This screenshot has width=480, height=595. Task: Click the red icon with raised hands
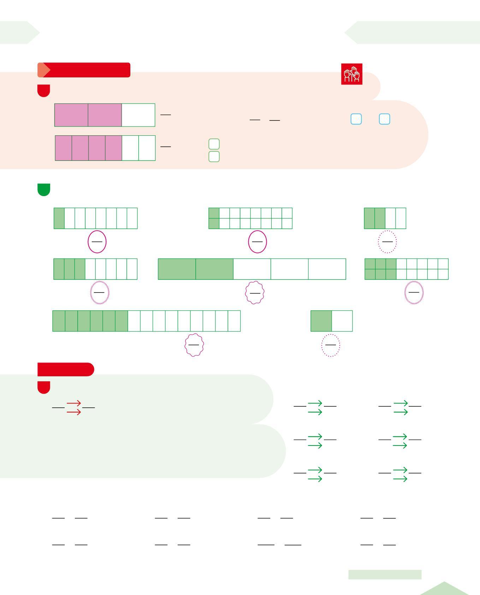(x=351, y=74)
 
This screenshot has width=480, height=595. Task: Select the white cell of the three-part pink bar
(x=138, y=115)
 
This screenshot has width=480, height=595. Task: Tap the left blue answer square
(x=356, y=119)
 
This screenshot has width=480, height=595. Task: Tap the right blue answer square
(x=384, y=119)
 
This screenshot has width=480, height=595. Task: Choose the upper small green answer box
(x=214, y=144)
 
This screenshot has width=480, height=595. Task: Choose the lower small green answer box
(x=214, y=157)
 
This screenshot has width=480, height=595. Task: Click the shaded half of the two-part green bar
(x=321, y=321)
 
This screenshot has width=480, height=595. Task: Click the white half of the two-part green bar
(x=342, y=321)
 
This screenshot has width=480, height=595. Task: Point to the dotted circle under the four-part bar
(x=387, y=242)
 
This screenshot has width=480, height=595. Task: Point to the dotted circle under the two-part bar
(x=331, y=345)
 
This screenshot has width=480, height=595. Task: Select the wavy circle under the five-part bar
(x=255, y=293)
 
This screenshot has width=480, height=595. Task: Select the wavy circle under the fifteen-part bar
(x=194, y=345)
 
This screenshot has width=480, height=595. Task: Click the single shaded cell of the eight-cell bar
(x=59, y=218)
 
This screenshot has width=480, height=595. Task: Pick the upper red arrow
(x=74, y=403)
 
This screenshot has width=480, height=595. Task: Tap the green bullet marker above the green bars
(x=44, y=189)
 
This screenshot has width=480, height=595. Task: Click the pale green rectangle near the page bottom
(x=385, y=575)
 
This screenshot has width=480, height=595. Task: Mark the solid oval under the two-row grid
(x=257, y=242)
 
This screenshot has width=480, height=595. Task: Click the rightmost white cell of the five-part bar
(x=327, y=269)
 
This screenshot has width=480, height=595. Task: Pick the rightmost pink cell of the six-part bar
(x=113, y=148)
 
